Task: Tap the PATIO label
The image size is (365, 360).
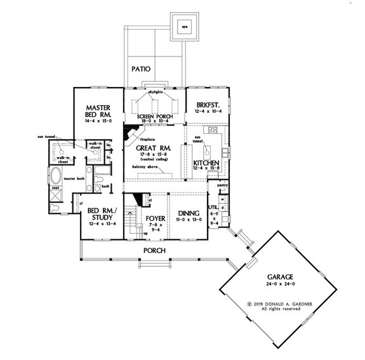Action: (140, 68)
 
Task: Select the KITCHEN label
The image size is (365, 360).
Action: (206, 163)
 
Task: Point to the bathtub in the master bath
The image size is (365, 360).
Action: (56, 177)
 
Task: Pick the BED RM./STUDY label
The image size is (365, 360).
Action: (97, 213)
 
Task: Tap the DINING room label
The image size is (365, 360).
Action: (189, 213)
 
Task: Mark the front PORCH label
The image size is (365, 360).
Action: (154, 250)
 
